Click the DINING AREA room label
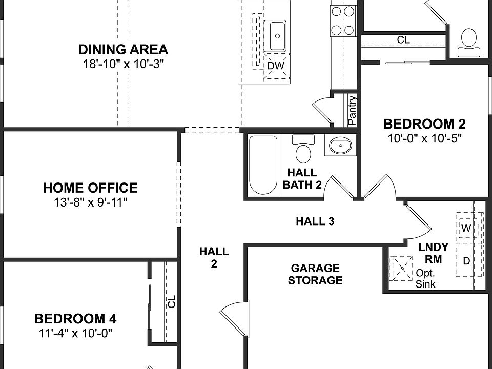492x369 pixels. [123, 50]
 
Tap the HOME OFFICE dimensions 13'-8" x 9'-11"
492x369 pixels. [90, 202]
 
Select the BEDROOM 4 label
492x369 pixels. [75, 319]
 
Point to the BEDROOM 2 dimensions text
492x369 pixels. [425, 138]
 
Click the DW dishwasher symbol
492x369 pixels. [276, 66]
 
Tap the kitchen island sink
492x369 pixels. [276, 36]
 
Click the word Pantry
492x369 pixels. [352, 111]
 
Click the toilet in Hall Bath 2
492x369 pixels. [303, 149]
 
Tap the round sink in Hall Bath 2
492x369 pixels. [340, 146]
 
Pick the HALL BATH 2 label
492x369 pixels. [302, 179]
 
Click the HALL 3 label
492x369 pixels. [315, 221]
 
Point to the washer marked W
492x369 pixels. [465, 229]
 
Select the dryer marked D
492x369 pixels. [466, 261]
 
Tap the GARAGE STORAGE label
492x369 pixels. [315, 274]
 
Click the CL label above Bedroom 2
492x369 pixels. [403, 40]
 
